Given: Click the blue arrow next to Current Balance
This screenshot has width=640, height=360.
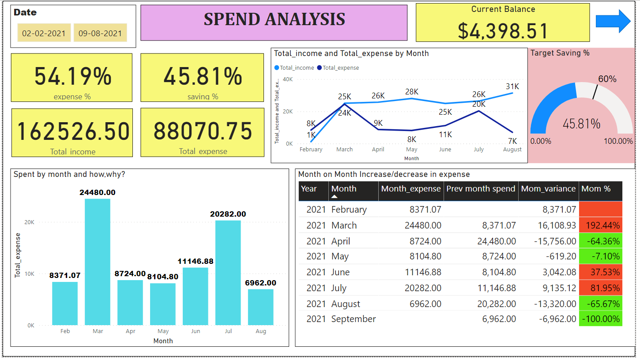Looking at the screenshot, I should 613,21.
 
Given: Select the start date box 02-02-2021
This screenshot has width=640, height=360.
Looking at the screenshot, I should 44,33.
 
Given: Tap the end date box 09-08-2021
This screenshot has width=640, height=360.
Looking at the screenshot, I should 100,33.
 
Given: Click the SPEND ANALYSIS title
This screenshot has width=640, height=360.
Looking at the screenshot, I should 274,19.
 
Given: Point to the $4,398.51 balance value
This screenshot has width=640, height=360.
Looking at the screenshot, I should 503,31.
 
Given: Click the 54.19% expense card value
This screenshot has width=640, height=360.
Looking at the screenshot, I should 73,76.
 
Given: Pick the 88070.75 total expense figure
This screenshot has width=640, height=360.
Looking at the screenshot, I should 203,131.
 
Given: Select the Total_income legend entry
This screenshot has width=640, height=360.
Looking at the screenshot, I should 297,68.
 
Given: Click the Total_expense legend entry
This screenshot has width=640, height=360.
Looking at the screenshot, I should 340,68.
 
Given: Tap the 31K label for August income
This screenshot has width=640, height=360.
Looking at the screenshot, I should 512,86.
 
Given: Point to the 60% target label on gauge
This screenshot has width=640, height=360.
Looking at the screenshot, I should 607,79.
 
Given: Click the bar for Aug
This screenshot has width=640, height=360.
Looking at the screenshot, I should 260,307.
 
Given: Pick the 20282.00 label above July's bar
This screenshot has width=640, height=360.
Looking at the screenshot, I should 228,214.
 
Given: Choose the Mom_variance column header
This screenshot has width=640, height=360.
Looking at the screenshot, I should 548,189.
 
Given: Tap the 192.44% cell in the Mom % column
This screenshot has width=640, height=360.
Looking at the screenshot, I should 600,225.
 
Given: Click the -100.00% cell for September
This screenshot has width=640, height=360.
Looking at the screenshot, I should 600,319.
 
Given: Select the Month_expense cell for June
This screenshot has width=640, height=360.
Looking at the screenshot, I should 423,272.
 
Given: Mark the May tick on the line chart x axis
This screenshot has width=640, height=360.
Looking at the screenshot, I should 411,150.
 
